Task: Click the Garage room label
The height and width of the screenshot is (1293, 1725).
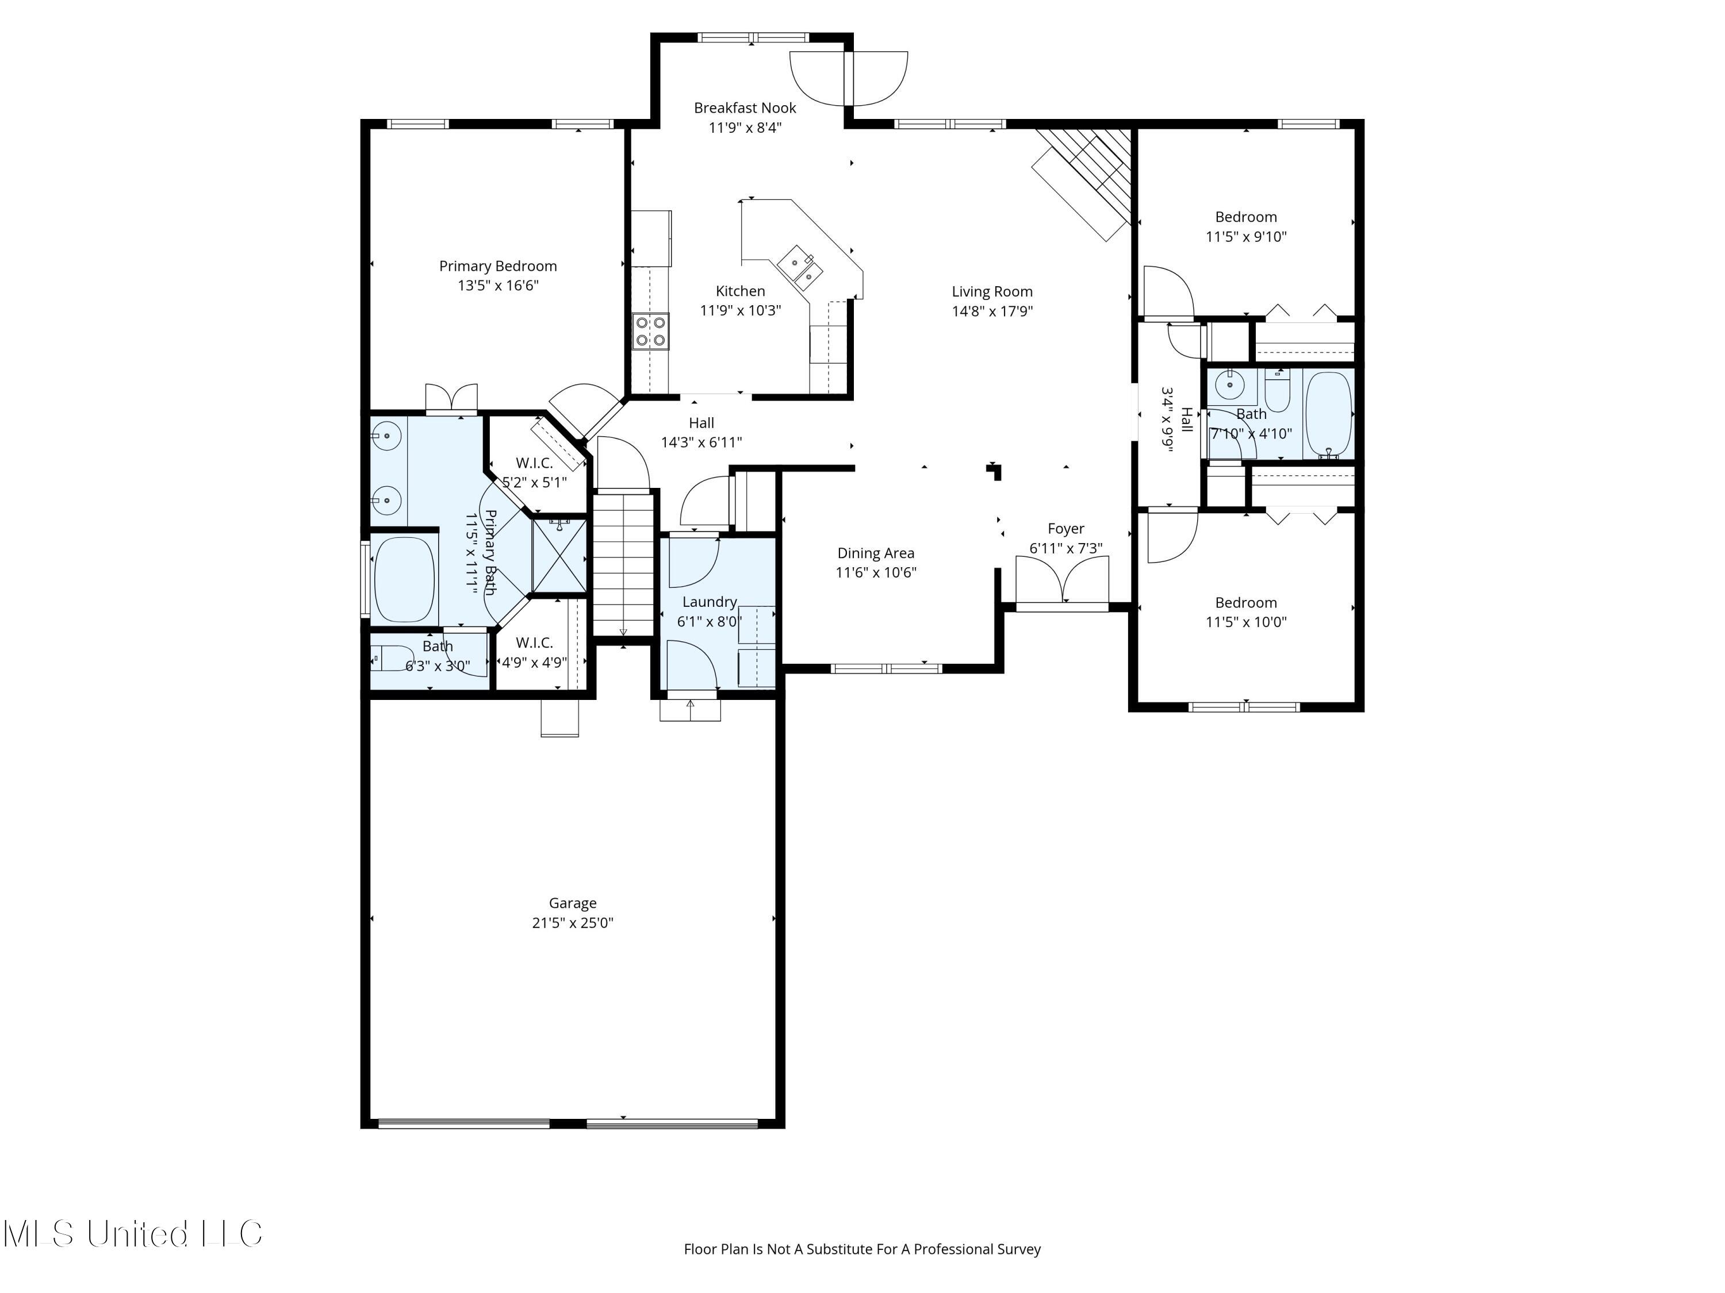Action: pos(572,903)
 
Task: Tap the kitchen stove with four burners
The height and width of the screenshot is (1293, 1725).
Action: pos(650,330)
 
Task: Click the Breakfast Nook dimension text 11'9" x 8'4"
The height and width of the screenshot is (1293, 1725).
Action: pos(745,128)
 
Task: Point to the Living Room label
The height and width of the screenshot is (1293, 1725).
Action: pos(992,291)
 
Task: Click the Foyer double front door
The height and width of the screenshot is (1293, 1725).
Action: pos(1062,580)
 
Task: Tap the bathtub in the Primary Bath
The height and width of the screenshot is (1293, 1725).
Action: pos(404,579)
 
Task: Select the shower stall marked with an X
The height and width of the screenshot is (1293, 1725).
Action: pos(559,554)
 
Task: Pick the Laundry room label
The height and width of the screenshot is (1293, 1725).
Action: pos(709,602)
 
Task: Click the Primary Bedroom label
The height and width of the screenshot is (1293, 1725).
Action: pos(497,265)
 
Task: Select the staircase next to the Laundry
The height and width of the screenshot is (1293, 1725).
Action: pos(623,565)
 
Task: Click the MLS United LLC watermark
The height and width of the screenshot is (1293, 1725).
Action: pos(133,1234)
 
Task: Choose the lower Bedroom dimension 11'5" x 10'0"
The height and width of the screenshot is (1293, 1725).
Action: pos(1245,622)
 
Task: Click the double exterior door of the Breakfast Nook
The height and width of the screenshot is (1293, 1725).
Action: pos(849,78)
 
